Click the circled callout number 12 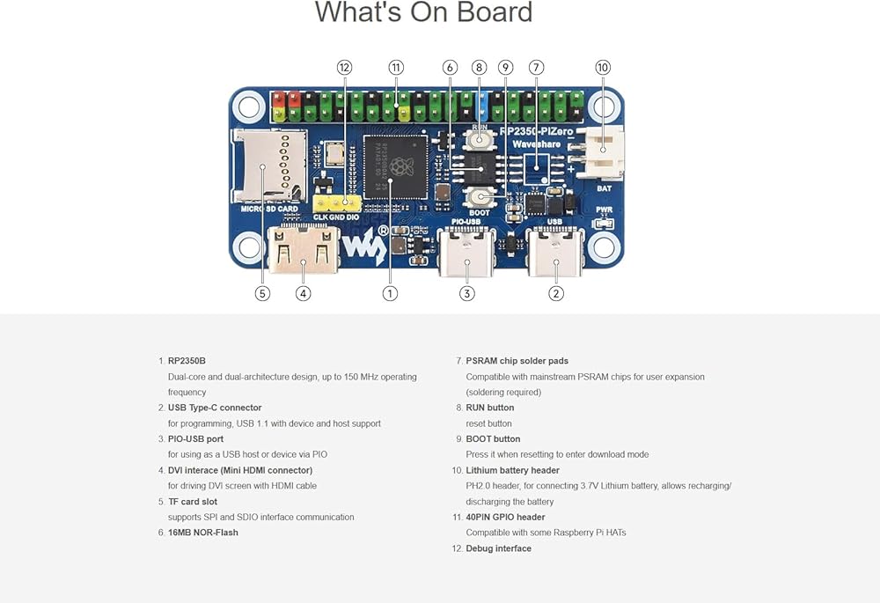coord(344,68)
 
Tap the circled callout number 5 coord(262,294)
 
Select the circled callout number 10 coord(603,68)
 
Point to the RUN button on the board coord(480,140)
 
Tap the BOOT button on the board coord(480,197)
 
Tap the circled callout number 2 coord(556,294)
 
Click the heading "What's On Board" coord(424,13)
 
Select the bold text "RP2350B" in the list coord(187,361)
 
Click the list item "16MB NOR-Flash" coord(202,533)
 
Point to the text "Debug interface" coord(498,548)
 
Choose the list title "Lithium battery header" coord(512,470)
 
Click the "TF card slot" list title coord(193,502)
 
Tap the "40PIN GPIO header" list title coord(505,518)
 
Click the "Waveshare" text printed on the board coord(538,143)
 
